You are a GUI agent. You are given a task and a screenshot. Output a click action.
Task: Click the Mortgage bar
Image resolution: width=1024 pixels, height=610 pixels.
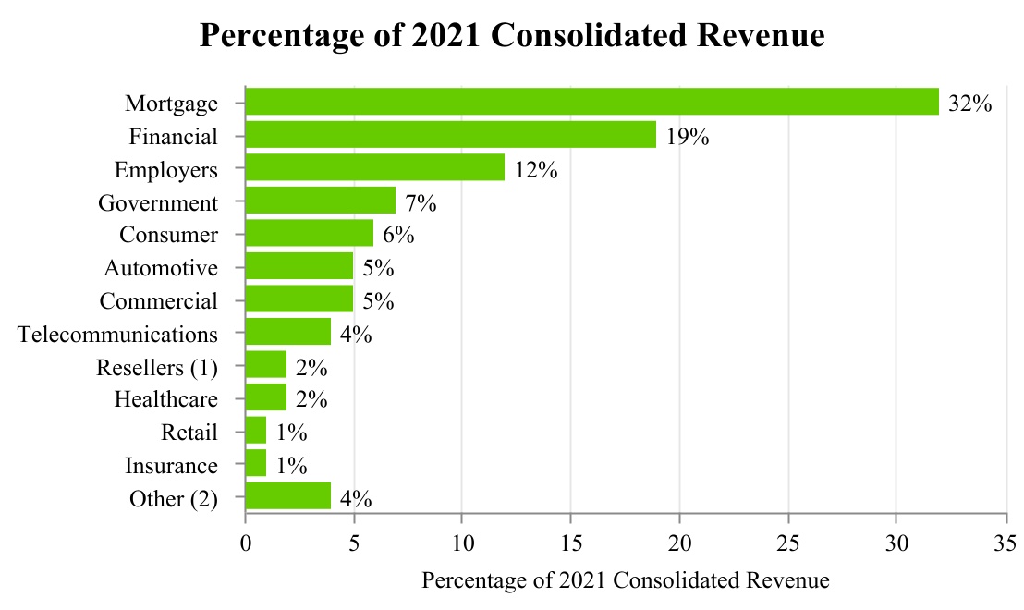(591, 102)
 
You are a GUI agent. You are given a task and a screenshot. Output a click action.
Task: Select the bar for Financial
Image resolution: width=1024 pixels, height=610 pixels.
(450, 135)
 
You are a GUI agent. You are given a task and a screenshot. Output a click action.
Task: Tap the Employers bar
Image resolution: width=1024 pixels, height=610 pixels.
(374, 168)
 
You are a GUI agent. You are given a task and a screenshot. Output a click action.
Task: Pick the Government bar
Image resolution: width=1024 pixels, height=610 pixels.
(320, 201)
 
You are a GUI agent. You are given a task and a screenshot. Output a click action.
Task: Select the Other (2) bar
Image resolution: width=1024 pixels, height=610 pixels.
(287, 497)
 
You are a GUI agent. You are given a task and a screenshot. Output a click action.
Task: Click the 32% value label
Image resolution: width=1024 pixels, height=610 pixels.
(969, 104)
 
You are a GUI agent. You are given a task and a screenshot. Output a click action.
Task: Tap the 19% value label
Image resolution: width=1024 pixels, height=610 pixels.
(687, 137)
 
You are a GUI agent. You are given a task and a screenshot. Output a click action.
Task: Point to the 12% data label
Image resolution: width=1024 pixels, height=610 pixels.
(535, 170)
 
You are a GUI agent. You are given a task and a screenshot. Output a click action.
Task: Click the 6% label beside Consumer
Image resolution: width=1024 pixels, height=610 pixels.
(398, 236)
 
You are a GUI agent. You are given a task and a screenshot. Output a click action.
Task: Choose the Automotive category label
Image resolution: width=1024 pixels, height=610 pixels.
(161, 268)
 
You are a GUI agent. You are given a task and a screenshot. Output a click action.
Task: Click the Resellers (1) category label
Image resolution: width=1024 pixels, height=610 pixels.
(157, 367)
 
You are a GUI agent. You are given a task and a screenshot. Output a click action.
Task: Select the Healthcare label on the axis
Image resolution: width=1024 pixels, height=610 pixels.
(166, 400)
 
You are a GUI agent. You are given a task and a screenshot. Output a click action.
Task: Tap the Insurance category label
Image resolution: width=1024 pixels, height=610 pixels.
(171, 466)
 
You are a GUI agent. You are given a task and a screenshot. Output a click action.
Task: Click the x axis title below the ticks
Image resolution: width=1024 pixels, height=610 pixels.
(625, 581)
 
